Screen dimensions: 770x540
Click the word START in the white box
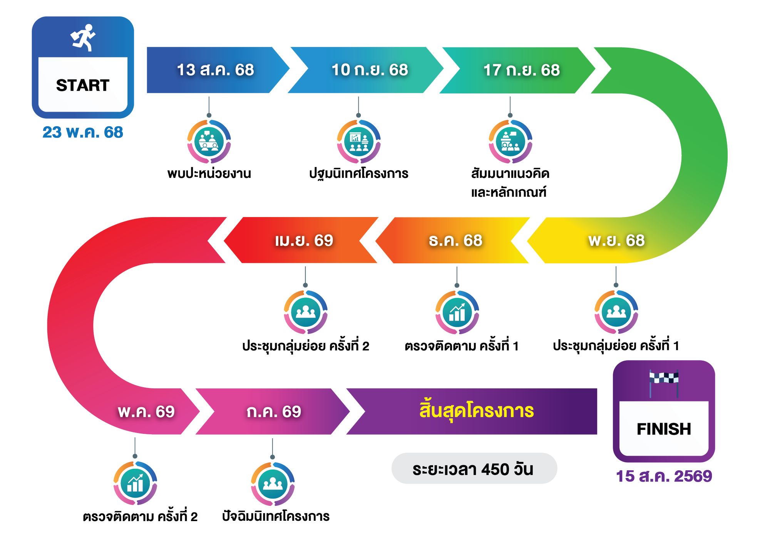(x=83, y=85)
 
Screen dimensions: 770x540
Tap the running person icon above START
(x=83, y=38)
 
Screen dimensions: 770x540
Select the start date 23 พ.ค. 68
(x=83, y=132)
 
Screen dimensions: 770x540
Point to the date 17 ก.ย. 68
(x=521, y=70)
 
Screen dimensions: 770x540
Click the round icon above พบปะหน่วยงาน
(x=209, y=141)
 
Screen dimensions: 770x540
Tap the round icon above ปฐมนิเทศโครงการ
(x=359, y=141)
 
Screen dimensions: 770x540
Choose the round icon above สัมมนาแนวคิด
(x=511, y=141)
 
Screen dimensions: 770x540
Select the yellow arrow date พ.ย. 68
(x=616, y=240)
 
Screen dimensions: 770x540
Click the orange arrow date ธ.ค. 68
(x=455, y=240)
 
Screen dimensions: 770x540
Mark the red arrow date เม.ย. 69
(x=304, y=240)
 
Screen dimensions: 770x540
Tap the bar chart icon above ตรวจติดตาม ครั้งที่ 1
(x=457, y=312)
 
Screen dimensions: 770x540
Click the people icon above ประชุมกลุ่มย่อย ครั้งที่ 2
(x=306, y=312)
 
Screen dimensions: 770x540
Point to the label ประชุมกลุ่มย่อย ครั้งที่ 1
(x=616, y=345)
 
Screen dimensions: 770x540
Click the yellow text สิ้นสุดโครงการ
(x=477, y=410)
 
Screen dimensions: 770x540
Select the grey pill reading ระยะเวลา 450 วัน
(x=474, y=468)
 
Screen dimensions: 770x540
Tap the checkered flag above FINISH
(x=664, y=383)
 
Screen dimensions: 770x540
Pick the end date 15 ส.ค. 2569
(x=664, y=476)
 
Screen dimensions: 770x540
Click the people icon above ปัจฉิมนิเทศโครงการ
(x=273, y=484)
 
